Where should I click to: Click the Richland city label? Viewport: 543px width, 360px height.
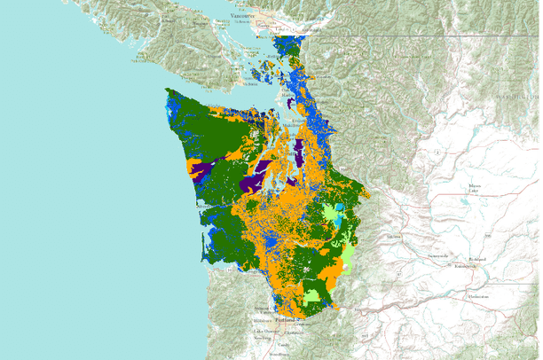(478, 259)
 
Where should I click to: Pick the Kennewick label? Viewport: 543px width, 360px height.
(465, 266)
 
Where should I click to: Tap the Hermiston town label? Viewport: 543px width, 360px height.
(479, 296)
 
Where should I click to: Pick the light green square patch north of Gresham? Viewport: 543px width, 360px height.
(312, 291)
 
